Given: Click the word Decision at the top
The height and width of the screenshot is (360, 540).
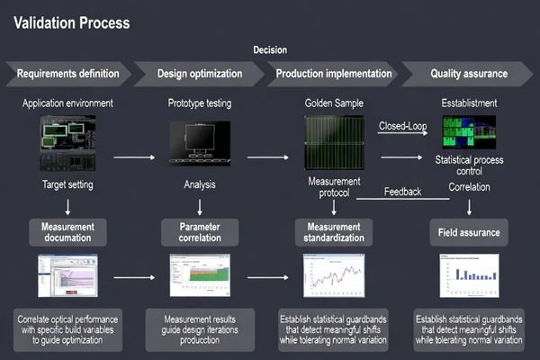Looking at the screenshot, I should point(271,51).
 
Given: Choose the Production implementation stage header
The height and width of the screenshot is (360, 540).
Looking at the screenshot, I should point(333,74).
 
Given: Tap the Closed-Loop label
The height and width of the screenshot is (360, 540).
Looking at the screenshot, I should point(403,125).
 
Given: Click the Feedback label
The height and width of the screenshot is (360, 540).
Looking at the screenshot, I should point(403,192).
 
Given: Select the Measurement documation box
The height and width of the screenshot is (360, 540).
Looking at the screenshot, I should point(67,231).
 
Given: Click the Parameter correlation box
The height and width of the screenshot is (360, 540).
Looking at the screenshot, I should point(199,231).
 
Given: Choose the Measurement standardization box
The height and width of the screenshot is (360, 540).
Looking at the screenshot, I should point(334,231).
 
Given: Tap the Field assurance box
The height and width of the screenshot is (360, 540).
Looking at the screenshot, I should point(468,231).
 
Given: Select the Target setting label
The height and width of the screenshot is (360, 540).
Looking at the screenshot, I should point(67,186).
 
